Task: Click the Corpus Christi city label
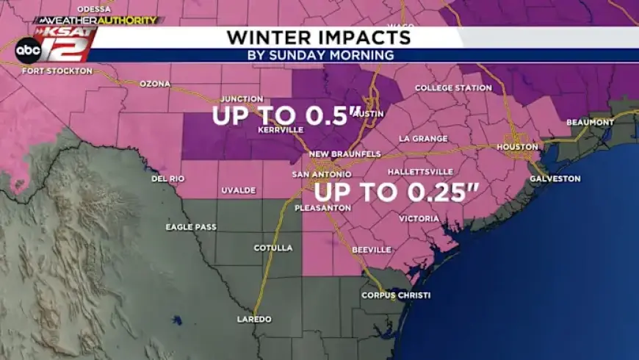click(x=395, y=295)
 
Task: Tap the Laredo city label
click(x=253, y=320)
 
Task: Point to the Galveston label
click(x=555, y=179)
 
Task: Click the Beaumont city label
click(x=590, y=122)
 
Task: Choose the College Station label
click(x=453, y=88)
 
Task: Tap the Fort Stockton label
click(x=57, y=71)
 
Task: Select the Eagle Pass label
click(x=191, y=227)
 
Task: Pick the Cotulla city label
click(x=273, y=248)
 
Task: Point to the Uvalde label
click(x=238, y=191)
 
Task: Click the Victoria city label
click(x=419, y=219)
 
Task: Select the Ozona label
click(x=154, y=84)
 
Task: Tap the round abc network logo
click(x=28, y=49)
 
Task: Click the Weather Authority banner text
click(x=95, y=21)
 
